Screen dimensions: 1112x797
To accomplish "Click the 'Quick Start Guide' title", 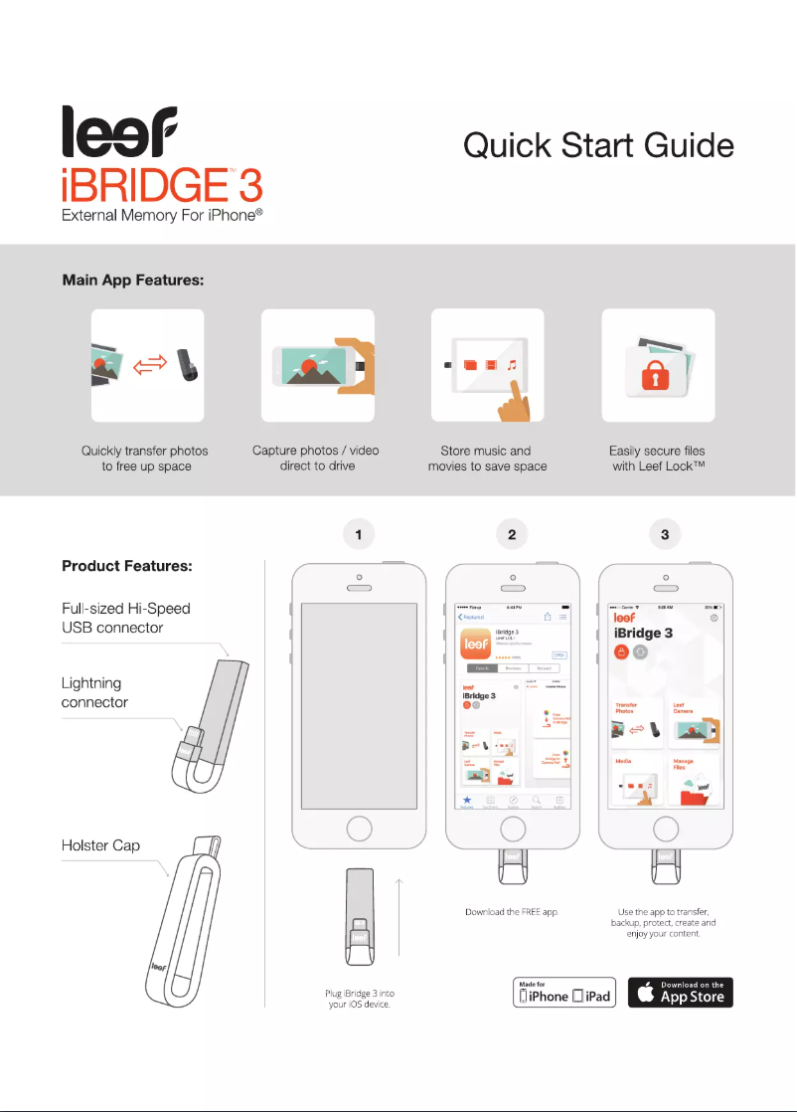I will (598, 145).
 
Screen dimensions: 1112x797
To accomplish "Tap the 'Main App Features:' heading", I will (133, 280).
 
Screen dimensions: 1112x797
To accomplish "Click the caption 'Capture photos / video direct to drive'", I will (316, 458).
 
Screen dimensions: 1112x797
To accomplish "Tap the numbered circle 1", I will (358, 534).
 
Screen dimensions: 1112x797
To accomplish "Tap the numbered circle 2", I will (511, 534).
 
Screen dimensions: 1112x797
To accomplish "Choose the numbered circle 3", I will (664, 534).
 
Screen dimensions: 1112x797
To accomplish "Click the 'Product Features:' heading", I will (126, 566).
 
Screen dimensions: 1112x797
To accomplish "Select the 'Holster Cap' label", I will (100, 845).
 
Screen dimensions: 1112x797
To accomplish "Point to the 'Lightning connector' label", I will (91, 692).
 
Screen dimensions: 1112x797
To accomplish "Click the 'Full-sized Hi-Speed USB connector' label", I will (126, 618).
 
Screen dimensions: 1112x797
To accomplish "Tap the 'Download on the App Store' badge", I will (680, 992).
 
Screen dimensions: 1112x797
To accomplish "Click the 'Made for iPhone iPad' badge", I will (564, 992).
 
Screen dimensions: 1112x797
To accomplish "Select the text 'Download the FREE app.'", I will (512, 911).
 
